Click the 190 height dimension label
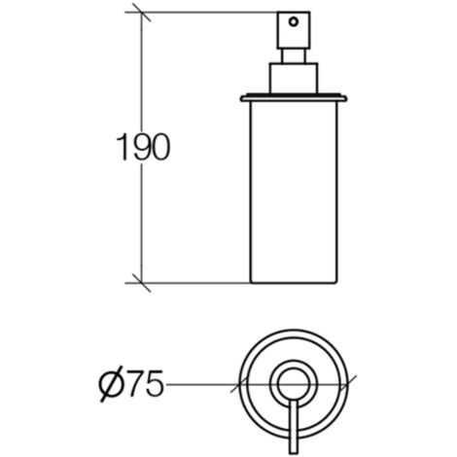143,148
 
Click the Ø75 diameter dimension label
131,385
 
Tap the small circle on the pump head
294,22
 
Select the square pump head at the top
294,30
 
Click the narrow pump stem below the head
294,56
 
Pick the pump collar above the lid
294,79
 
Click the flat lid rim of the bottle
294,97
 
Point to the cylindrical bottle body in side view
294,193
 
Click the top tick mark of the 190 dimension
142,13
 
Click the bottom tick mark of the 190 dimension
142,283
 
